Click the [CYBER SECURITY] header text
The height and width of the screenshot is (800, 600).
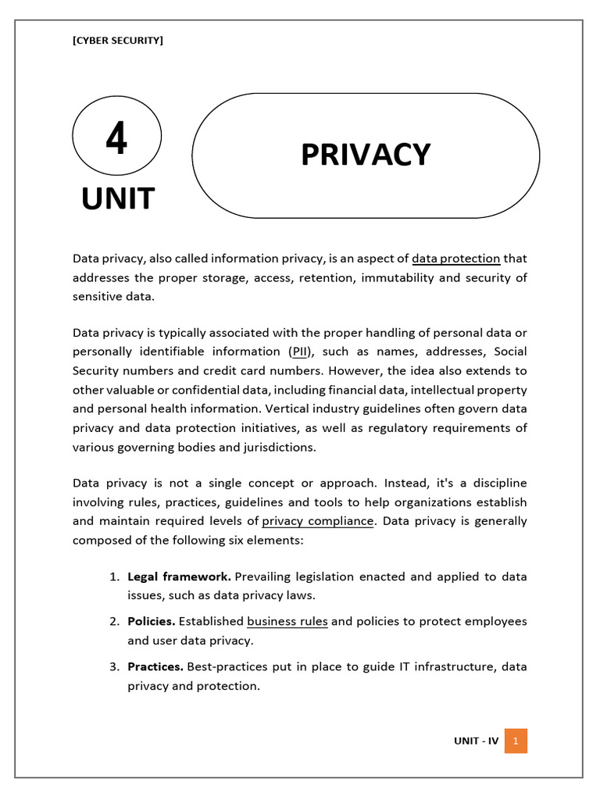click(118, 41)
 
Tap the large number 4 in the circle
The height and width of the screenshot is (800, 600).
click(116, 141)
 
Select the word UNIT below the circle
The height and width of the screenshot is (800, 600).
click(118, 198)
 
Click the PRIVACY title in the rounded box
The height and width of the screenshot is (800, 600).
click(365, 155)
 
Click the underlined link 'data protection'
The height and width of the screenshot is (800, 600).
click(455, 259)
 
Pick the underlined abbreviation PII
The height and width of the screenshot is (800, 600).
click(301, 352)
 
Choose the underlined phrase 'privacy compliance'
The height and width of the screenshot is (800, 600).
click(318, 521)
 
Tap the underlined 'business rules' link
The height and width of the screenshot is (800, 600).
click(287, 622)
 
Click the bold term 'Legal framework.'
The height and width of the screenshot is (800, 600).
click(179, 577)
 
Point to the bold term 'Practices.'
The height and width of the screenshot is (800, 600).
click(155, 667)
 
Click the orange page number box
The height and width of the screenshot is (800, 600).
click(516, 741)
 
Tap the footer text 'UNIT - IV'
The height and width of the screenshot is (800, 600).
click(476, 741)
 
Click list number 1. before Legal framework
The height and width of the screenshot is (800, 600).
click(114, 577)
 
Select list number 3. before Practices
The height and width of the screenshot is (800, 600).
click(114, 667)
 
